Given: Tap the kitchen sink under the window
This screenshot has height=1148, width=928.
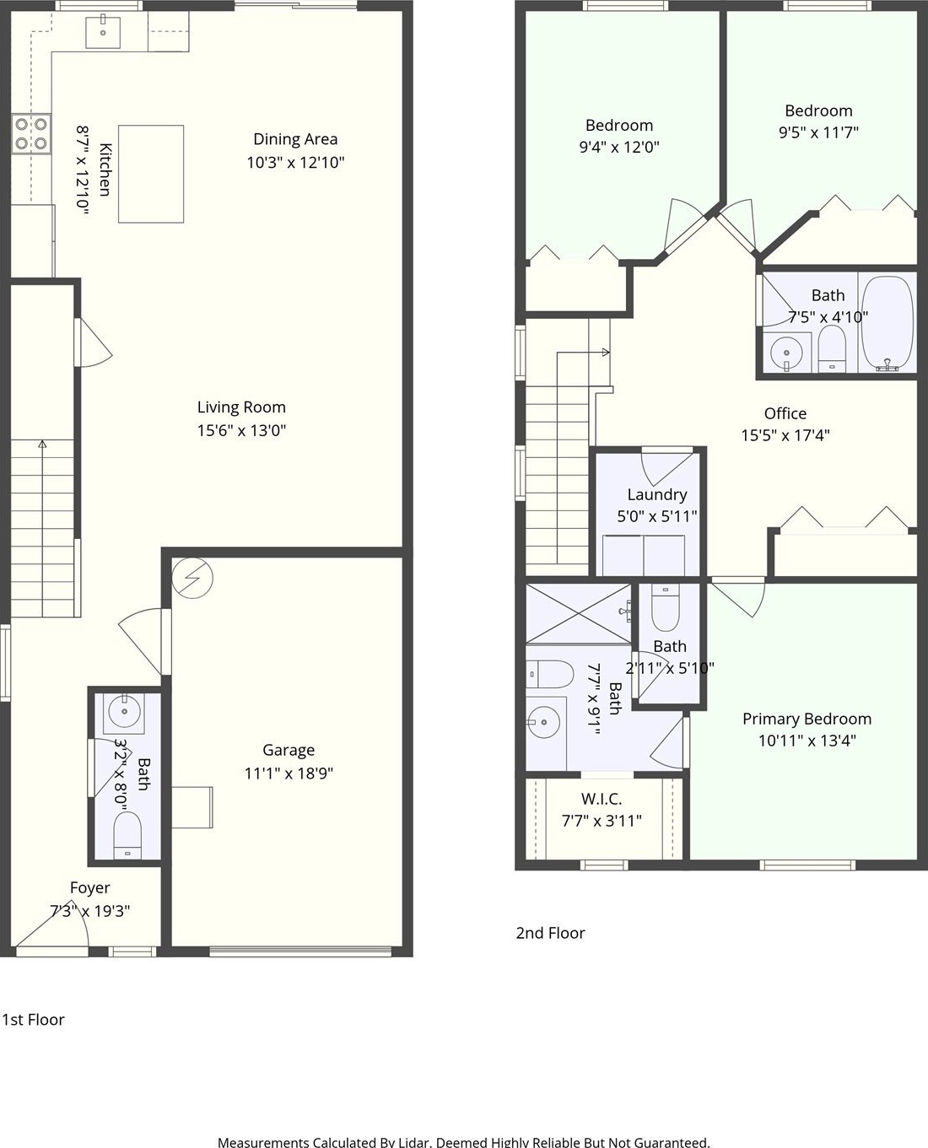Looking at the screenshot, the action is click(103, 32).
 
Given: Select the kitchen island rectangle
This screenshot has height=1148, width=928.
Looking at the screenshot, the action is click(151, 174).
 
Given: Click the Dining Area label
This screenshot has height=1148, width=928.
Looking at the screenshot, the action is click(295, 139).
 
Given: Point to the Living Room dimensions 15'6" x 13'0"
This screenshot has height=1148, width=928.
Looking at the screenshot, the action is click(241, 430).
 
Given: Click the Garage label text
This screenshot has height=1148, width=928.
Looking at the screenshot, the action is click(289, 750).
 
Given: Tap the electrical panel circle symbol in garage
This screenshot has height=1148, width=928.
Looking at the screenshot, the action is click(192, 578).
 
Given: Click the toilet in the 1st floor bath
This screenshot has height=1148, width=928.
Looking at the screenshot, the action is click(127, 834).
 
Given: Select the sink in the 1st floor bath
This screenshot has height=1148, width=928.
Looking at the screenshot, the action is click(125, 711).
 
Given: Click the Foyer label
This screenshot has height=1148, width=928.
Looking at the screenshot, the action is click(90, 887).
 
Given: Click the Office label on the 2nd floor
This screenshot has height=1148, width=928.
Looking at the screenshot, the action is click(785, 413).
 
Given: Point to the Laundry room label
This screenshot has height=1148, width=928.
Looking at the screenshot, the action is click(657, 495).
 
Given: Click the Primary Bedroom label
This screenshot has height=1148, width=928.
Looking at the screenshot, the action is click(807, 719).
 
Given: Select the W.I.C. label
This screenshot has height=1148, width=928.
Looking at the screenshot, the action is click(602, 798).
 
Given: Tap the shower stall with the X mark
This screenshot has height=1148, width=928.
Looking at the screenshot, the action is click(578, 613).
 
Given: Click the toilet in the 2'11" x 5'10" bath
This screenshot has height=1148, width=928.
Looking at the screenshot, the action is click(666, 607).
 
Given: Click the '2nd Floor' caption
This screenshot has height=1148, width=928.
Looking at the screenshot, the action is click(550, 933).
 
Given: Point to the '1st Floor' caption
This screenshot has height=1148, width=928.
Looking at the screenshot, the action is click(34, 1019).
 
